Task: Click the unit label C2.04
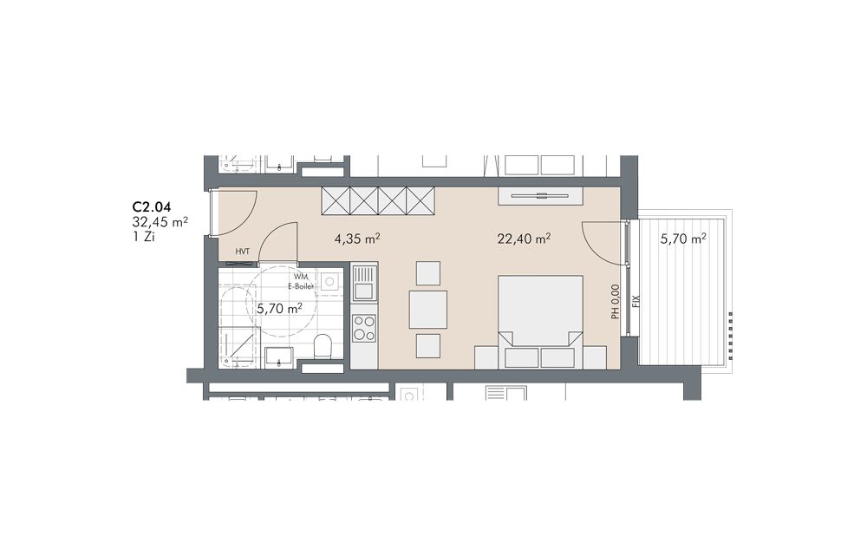(x=151, y=207)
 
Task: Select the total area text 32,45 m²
(x=160, y=222)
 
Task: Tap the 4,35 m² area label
(x=356, y=239)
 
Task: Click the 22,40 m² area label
(x=523, y=239)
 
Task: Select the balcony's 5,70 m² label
(x=683, y=239)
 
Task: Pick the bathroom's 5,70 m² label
(x=279, y=308)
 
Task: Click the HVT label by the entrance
(x=242, y=252)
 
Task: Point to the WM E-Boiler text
(x=301, y=281)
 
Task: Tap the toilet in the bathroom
(x=322, y=348)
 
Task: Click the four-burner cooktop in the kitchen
(x=364, y=327)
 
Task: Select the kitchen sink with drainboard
(x=364, y=282)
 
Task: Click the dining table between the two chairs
(x=428, y=310)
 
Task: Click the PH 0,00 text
(x=615, y=302)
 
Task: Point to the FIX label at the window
(x=636, y=301)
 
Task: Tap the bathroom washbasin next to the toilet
(x=279, y=356)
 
